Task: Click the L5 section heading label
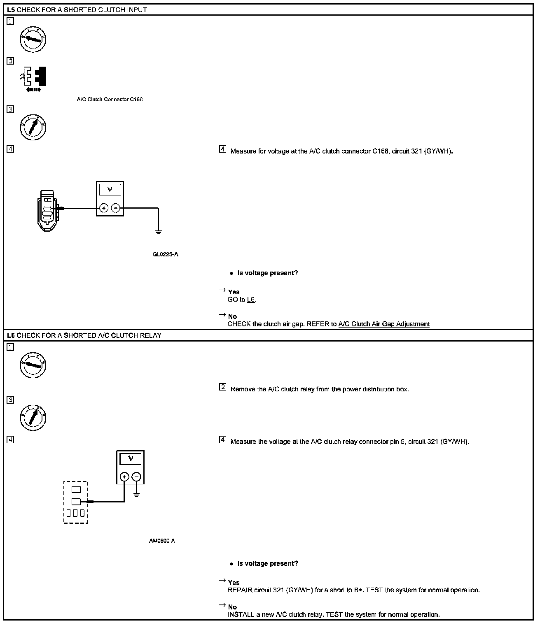11,9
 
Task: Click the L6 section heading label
11,335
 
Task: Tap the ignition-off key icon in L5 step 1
33,40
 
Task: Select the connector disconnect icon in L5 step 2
33,78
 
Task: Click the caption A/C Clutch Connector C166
110,100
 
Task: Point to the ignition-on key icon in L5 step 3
33,127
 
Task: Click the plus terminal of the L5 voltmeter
104,208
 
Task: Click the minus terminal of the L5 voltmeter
116,208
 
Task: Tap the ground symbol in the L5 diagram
159,232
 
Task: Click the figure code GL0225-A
165,254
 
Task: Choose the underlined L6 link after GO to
251,300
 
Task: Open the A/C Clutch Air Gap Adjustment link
384,324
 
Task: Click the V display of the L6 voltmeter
131,459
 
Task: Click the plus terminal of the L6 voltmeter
124,477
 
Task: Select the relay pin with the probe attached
76,502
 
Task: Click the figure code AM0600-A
162,541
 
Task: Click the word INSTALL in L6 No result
241,614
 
